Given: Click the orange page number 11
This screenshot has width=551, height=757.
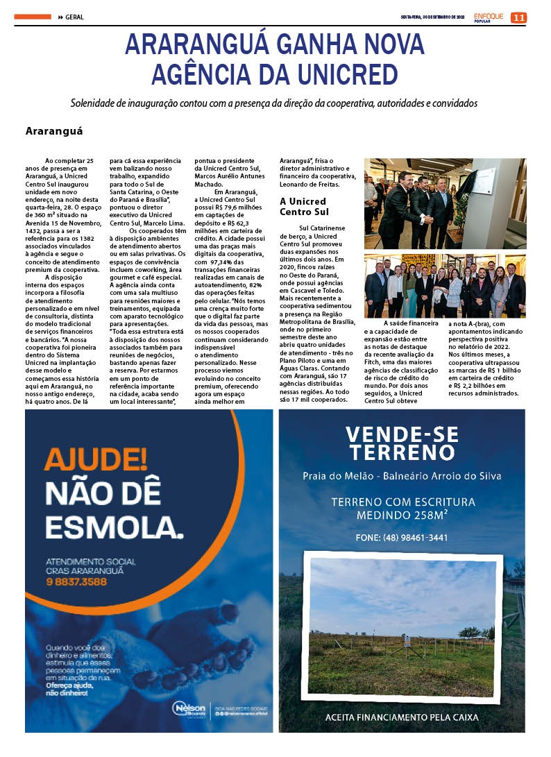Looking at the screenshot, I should coord(518,17).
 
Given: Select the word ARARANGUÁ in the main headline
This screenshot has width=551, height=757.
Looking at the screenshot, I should coord(198,44).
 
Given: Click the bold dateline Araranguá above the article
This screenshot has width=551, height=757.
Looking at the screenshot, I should coord(54,130).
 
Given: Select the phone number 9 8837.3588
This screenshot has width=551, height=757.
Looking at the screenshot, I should coord(76,581).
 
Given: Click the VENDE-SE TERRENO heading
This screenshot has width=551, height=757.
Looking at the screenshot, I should coord(402,444).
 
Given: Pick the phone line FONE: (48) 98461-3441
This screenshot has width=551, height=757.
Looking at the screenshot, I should coord(402,537).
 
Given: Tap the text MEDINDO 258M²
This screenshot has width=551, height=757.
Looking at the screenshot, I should coord(402,516).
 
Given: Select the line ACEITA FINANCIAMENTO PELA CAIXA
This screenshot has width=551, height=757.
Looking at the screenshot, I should coord(402,717).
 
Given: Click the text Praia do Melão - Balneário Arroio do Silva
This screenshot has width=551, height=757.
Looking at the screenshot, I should coord(402,476).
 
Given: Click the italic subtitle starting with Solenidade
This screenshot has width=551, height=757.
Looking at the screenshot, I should coord(274,103).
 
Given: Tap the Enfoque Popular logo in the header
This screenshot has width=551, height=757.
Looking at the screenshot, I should coord(489,17).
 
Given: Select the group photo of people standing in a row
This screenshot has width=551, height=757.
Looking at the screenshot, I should coord(445,286).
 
